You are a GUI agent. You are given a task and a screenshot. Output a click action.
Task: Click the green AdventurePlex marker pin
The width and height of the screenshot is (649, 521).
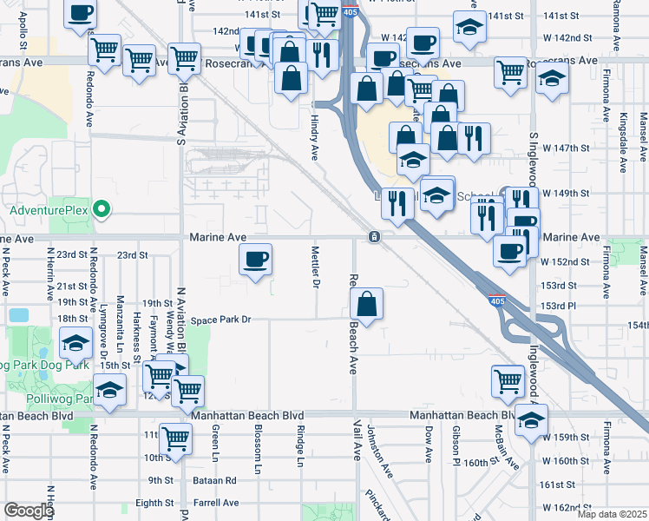[102, 209]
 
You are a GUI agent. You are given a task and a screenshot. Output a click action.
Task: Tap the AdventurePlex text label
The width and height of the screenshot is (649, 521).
[49, 210]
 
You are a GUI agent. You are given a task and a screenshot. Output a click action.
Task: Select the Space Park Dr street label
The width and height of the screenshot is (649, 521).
[221, 320]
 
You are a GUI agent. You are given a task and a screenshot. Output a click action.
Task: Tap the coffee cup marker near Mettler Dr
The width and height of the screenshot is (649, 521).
[255, 260]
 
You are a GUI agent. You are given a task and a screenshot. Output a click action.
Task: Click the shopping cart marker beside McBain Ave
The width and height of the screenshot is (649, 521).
[508, 380]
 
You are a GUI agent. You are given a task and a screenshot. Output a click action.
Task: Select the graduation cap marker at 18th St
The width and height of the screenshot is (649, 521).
[76, 344]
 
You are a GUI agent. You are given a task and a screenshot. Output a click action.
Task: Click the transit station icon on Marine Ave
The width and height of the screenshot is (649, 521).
[373, 236]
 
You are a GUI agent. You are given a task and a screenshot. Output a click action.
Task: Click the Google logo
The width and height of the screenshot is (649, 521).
[29, 511]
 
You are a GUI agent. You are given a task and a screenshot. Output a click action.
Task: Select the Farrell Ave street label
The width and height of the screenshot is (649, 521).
[217, 503]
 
